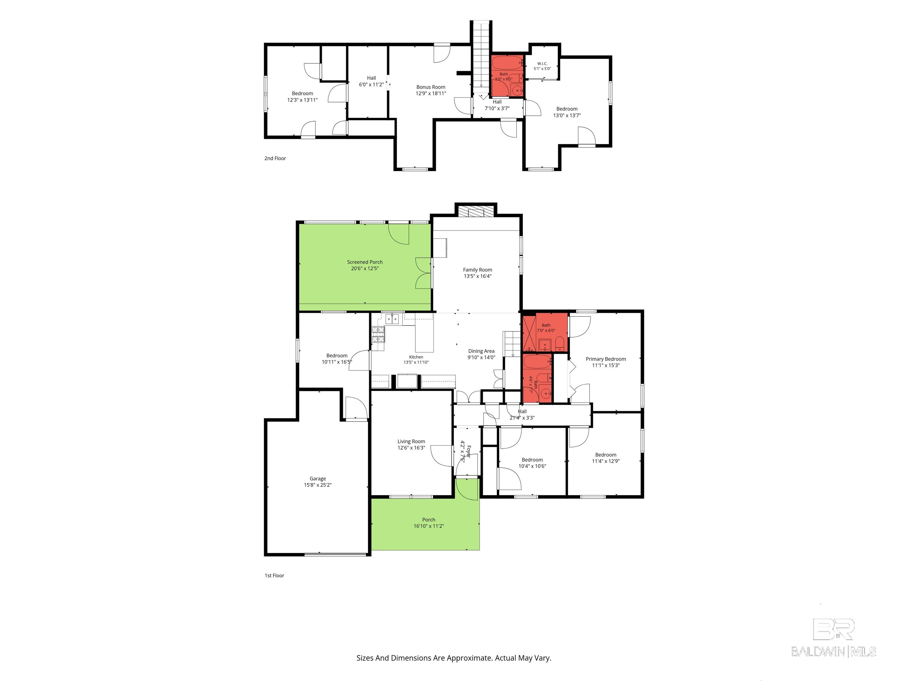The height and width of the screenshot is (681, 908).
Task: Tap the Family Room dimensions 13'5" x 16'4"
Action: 477,276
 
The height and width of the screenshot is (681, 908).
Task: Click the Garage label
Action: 318,479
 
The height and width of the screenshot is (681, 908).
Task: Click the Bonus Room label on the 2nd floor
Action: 431,87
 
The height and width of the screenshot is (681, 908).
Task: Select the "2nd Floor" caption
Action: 275,158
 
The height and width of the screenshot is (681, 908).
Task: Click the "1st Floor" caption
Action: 274,575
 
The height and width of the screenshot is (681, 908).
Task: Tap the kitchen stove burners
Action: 378,334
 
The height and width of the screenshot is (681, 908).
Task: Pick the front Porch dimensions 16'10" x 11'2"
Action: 429,526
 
